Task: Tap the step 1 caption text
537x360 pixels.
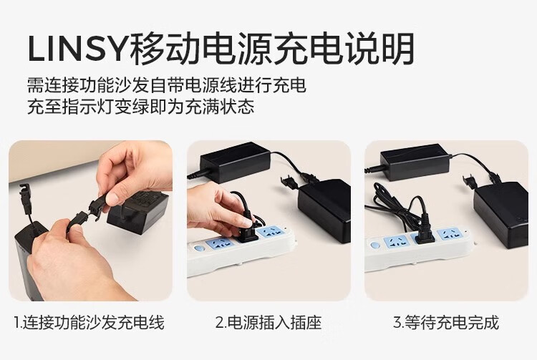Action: click(89, 322)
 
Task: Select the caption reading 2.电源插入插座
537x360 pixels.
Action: click(268, 322)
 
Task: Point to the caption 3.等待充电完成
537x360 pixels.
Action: click(446, 322)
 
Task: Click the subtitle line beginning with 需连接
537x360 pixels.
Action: click(166, 85)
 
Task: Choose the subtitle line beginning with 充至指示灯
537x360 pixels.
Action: click(141, 107)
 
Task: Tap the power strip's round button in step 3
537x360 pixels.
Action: click(374, 245)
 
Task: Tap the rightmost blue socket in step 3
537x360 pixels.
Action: click(450, 235)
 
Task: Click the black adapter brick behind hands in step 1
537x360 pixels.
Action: click(139, 212)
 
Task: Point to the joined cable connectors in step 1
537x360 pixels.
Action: click(87, 213)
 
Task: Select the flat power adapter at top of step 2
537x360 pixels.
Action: click(235, 162)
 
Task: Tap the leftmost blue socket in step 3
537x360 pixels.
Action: click(396, 242)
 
